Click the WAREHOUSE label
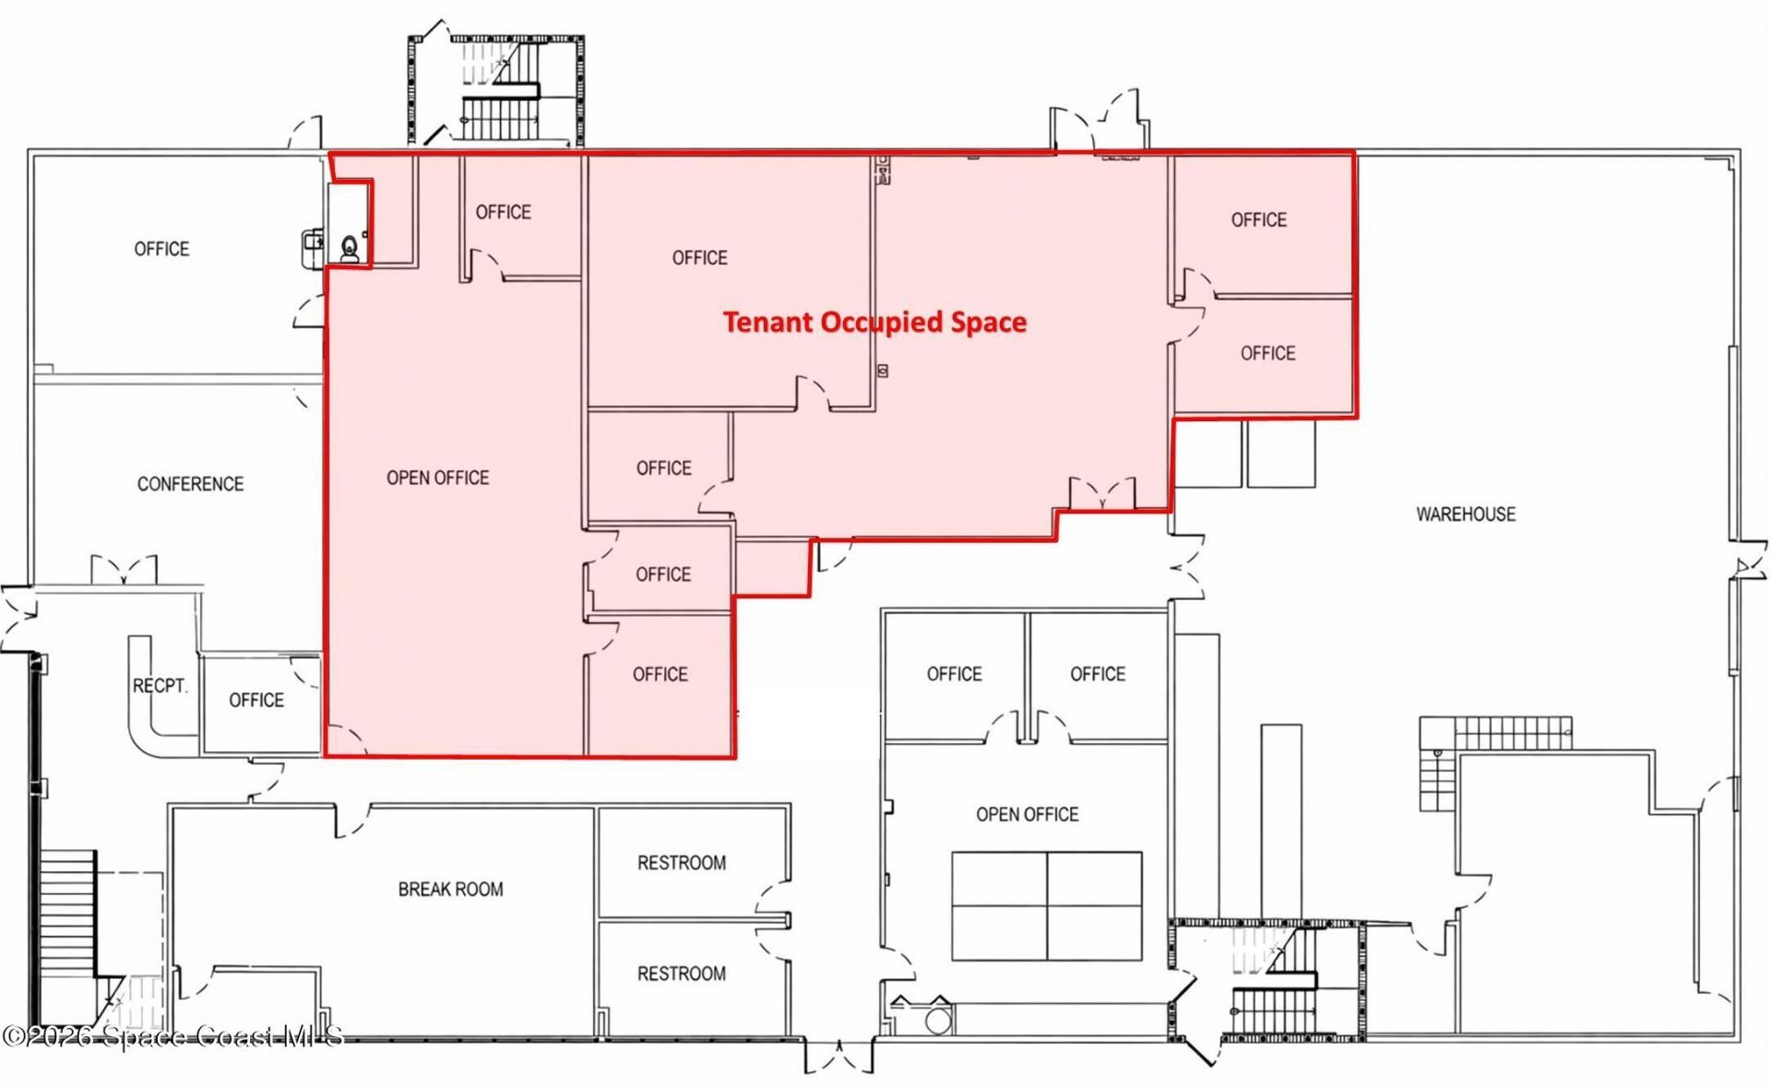[1465, 514]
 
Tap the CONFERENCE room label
[190, 484]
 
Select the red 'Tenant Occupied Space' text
[874, 322]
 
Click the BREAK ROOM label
[450, 890]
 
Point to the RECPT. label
[160, 686]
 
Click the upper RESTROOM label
[681, 863]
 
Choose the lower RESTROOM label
[681, 974]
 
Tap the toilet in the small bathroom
[350, 248]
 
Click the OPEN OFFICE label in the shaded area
[437, 478]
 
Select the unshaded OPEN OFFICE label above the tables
[1027, 814]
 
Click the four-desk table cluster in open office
[1046, 906]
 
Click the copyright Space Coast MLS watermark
[172, 1037]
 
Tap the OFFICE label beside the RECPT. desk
[256, 701]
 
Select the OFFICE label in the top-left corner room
[161, 249]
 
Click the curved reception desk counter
[143, 701]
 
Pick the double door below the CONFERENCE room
[124, 570]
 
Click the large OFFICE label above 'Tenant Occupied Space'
[699, 258]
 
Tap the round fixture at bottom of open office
[938, 1021]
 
